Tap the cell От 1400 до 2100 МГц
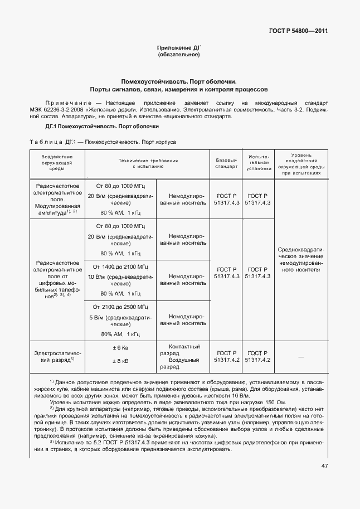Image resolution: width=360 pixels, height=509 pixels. click(x=120, y=266)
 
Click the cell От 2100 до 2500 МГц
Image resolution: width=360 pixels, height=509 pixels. click(x=120, y=307)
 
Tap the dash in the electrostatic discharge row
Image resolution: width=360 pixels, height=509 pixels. click(x=301, y=356)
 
